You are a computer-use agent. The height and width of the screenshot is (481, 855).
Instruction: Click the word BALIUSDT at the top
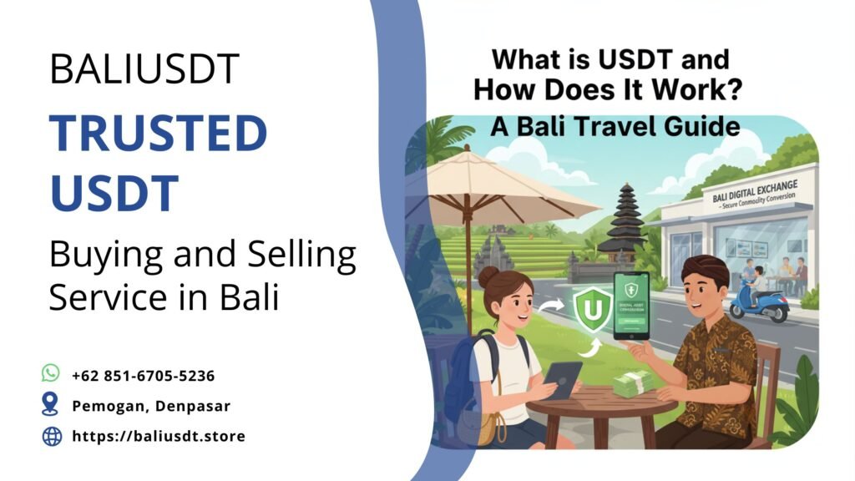(x=144, y=68)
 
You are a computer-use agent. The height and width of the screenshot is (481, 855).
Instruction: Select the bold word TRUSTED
(x=158, y=134)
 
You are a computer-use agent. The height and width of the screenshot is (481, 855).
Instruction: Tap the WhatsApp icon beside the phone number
(x=51, y=373)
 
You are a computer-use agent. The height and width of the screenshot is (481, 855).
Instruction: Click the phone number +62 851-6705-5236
(x=143, y=376)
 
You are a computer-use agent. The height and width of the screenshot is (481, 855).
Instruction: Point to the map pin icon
(x=51, y=405)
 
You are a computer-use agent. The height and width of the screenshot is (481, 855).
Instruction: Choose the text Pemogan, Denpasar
(x=151, y=406)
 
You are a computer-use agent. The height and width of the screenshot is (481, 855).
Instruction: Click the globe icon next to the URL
(x=52, y=436)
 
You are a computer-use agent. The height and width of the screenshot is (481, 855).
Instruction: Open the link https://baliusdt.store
(x=159, y=436)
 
